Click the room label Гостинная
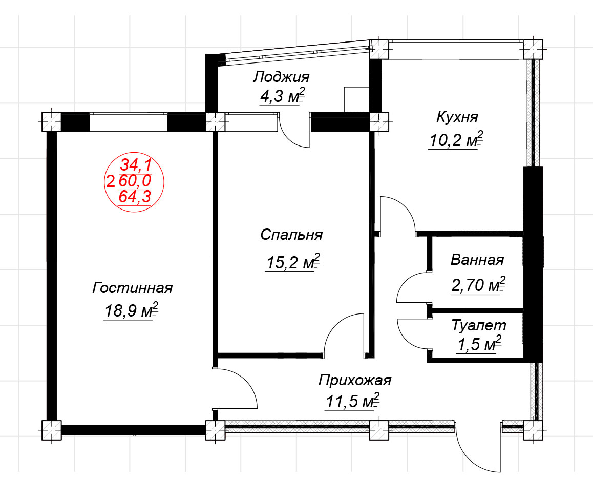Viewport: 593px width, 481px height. pos(132,288)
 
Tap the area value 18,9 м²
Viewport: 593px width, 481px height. pos(131,310)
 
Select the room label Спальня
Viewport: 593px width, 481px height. pos(291,235)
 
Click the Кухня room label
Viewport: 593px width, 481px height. pos(457,117)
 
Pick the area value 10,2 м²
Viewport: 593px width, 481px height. pos(456,140)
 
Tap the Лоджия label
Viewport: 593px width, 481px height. pos(281,77)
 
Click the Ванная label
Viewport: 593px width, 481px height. pos(477,260)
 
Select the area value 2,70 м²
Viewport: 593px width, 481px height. pos(478,285)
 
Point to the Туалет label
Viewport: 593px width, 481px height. pos(479,325)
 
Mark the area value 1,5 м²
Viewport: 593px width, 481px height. pos(479,344)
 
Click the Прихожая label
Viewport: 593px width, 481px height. pos(355,380)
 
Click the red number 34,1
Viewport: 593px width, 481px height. pos(136,165)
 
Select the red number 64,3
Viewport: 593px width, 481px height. pos(135,196)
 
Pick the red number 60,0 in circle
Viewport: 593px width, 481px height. pos(135,180)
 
